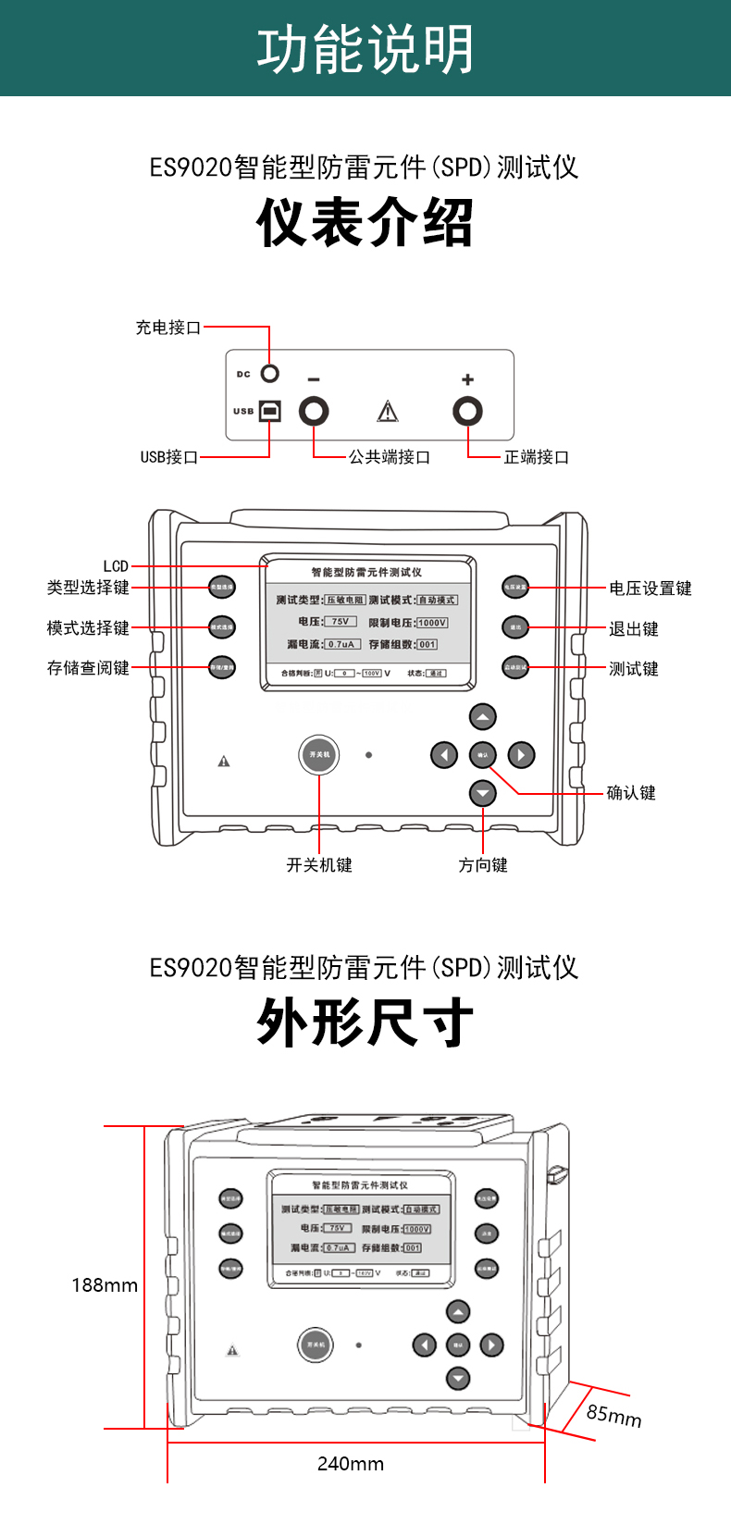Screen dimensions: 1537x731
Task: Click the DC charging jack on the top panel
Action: coord(269,374)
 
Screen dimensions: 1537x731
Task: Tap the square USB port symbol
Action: coord(269,411)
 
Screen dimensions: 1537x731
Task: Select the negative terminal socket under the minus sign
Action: coord(314,411)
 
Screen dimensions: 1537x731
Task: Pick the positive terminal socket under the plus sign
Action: coord(467,411)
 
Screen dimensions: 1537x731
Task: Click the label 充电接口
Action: coord(168,328)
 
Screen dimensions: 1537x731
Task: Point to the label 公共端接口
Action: coord(390,457)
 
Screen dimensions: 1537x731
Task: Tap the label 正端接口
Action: coord(536,457)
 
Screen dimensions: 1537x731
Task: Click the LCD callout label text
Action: coord(116,566)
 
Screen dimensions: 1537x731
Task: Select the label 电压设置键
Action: coord(650,589)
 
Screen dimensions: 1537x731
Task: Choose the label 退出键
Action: coord(633,629)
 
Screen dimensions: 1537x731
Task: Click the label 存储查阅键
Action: coord(88,668)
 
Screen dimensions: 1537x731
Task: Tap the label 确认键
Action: coord(630,793)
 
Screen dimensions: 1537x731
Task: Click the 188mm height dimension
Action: coord(105,1285)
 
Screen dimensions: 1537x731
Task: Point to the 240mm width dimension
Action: coord(350,1464)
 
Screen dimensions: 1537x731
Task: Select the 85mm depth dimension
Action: coord(613,1416)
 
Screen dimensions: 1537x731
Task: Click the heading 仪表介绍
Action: coord(365,223)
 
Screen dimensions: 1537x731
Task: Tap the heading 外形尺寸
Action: coord(365,1023)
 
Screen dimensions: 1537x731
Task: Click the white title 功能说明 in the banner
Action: coord(365,49)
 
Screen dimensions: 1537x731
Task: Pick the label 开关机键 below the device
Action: coord(319,865)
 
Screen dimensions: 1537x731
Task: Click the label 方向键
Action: coord(483,865)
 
